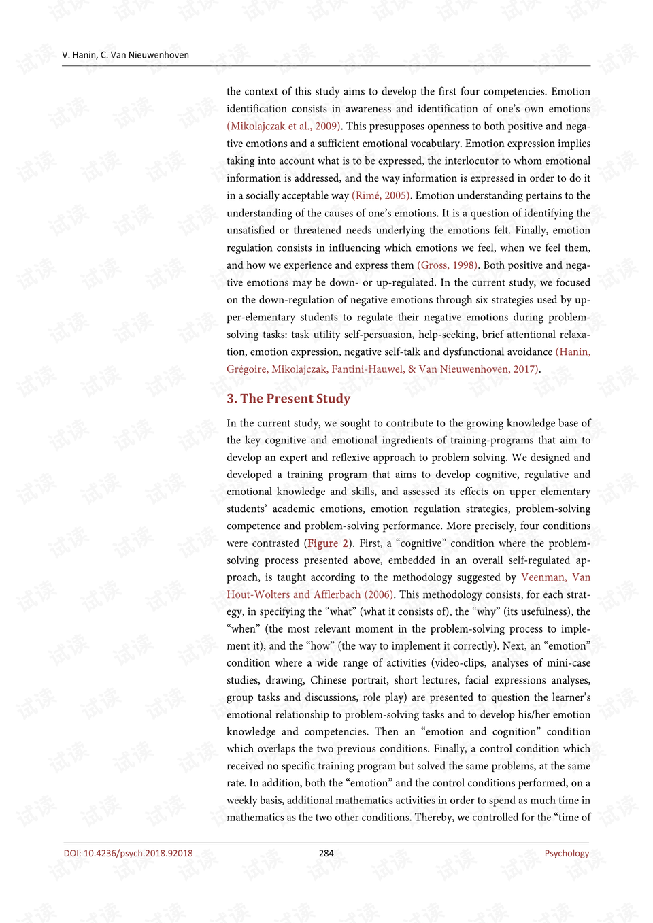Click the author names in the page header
pyautogui.click(x=125, y=55)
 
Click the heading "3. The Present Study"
pyautogui.click(x=288, y=399)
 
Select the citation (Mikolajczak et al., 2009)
pyautogui.click(x=283, y=126)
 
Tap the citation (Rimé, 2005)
pyautogui.click(x=381, y=195)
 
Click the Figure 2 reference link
pyautogui.click(x=328, y=543)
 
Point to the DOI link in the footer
pyautogui.click(x=128, y=853)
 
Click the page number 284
pyautogui.click(x=326, y=853)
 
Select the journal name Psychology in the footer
pyautogui.click(x=567, y=853)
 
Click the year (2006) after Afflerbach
pyautogui.click(x=378, y=594)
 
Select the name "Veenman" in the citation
pyautogui.click(x=543, y=577)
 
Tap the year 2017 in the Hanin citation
pyautogui.click(x=524, y=369)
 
